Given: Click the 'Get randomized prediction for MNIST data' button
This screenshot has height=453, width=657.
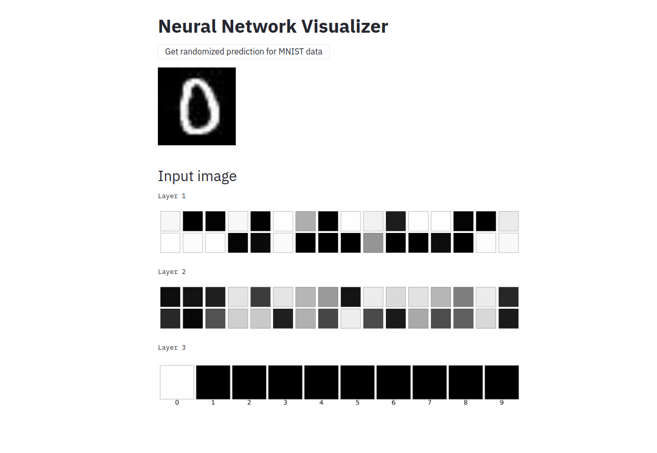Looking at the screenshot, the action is [x=244, y=52].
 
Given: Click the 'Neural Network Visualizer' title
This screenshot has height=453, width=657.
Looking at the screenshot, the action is [x=273, y=26].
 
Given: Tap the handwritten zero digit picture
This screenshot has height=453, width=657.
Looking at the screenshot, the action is [x=197, y=106].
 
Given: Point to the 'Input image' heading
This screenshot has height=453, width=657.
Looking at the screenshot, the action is [x=197, y=176].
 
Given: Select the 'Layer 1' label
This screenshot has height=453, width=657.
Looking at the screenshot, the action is [x=171, y=196].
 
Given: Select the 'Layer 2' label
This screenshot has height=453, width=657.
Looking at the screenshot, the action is [x=171, y=272].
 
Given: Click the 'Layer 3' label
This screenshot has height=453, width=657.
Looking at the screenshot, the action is [x=171, y=348].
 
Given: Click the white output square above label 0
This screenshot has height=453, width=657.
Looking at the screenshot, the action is [x=177, y=382].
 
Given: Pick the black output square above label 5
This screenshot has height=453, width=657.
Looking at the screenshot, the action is [x=357, y=382].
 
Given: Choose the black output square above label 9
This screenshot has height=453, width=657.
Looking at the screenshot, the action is [x=502, y=382].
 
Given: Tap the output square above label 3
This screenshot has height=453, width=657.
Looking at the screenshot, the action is [x=285, y=382].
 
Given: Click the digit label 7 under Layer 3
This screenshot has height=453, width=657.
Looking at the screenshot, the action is [x=430, y=403].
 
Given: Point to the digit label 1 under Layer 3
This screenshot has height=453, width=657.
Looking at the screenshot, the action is [x=213, y=403].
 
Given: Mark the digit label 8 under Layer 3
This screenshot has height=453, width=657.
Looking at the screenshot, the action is [x=465, y=403].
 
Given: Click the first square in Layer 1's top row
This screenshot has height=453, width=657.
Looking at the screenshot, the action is [x=170, y=221].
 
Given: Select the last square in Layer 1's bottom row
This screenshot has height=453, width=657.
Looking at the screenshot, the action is [x=508, y=243].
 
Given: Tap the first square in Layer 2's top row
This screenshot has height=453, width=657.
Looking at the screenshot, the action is [x=170, y=297].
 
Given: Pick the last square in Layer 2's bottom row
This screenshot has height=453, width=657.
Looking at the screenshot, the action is [x=508, y=319].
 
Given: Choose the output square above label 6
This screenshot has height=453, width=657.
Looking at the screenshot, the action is [x=393, y=382].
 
